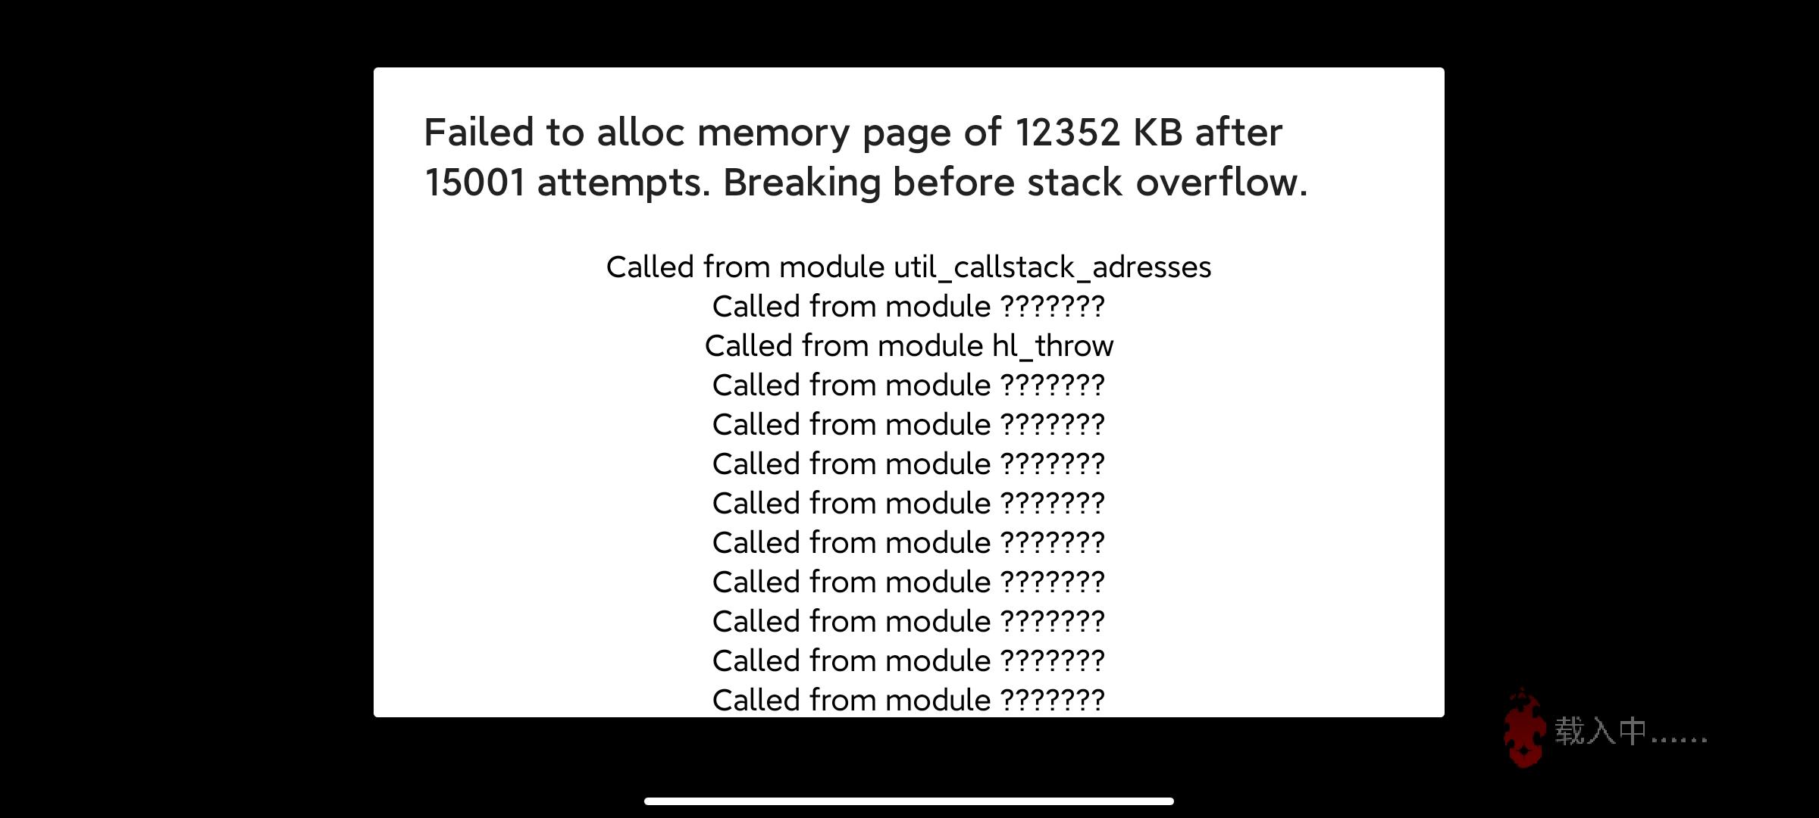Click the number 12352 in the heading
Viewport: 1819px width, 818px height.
click(x=1067, y=133)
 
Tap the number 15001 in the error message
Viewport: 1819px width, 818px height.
click(x=474, y=183)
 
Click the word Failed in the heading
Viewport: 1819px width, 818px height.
click(x=479, y=133)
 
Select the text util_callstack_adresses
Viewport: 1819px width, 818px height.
click(x=1052, y=267)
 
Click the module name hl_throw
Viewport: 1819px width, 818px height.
click(x=1053, y=346)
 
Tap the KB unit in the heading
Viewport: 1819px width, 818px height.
click(x=1157, y=133)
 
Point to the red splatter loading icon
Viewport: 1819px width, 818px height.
click(x=1524, y=729)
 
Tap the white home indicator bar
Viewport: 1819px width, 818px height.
click(x=909, y=801)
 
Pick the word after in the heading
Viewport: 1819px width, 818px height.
click(x=1239, y=133)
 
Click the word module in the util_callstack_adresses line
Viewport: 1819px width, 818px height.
click(x=831, y=267)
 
